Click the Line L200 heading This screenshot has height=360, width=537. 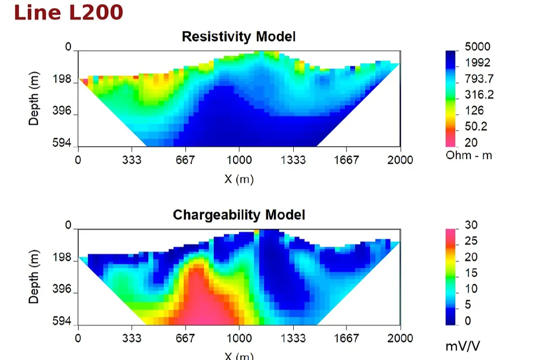tap(69, 13)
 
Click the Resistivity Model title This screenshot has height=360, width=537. tap(239, 37)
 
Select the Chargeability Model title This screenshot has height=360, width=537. tap(239, 215)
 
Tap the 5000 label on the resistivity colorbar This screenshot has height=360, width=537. tap(477, 47)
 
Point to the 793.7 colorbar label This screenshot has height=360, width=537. tap(479, 79)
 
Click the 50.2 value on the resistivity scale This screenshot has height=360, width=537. tap(476, 126)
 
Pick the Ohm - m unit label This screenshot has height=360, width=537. tap(469, 155)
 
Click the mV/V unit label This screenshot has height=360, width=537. tap(463, 347)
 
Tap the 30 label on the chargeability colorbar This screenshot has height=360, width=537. tap(471, 225)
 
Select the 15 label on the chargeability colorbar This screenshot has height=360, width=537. tap(471, 273)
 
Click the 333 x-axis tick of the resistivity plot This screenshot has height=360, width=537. tap(132, 160)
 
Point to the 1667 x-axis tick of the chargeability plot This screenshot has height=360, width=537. tap(346, 339)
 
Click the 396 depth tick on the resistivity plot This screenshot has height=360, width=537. tap(62, 111)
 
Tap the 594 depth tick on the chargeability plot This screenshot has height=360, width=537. tap(62, 321)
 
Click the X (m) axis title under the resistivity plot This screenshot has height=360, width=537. tap(239, 179)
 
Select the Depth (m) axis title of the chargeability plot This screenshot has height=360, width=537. tap(33, 277)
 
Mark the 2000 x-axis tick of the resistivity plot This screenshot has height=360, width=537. tap(400, 160)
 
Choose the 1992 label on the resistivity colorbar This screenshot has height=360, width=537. tap(477, 63)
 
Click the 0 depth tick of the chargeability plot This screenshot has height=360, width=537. tap(68, 225)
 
